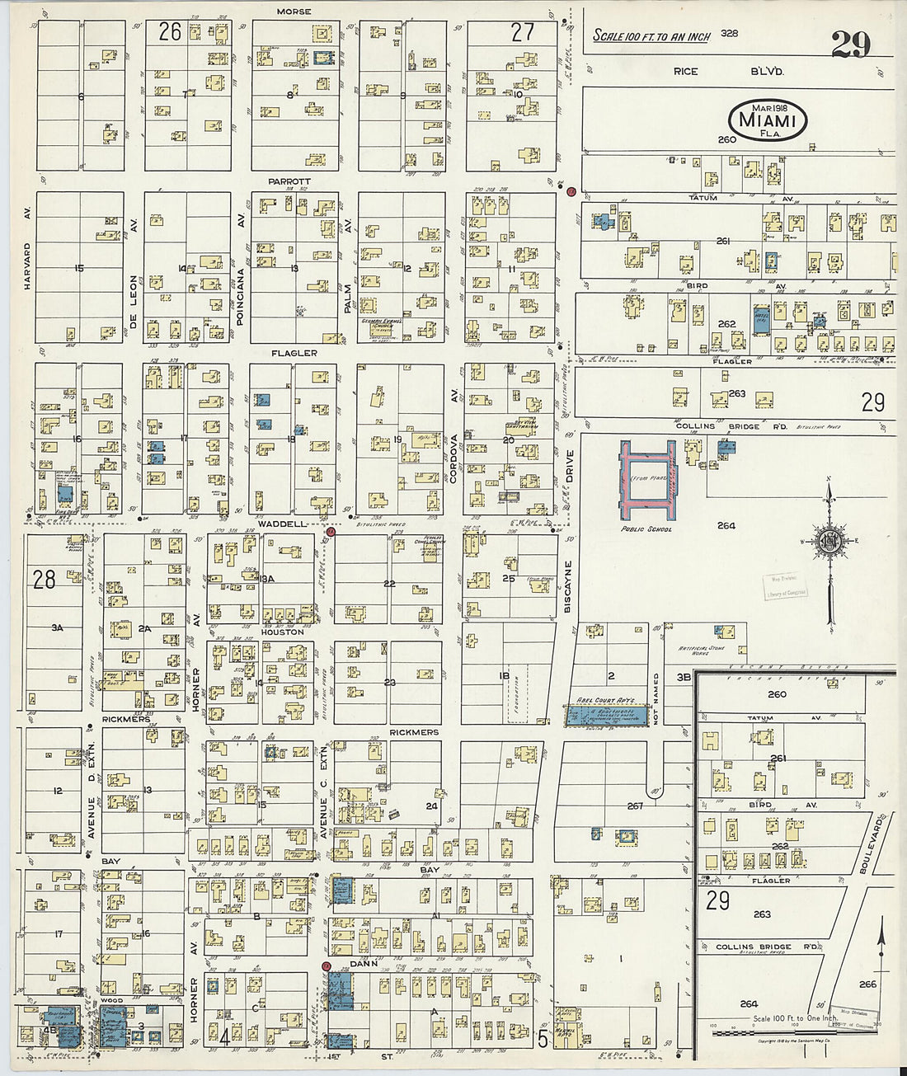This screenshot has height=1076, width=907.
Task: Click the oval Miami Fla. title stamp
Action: pyautogui.click(x=768, y=120)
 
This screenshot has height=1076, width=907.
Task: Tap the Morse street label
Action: pyautogui.click(x=294, y=11)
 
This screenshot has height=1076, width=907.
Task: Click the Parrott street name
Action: pyautogui.click(x=289, y=181)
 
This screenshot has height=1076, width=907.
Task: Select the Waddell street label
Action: pyautogui.click(x=281, y=524)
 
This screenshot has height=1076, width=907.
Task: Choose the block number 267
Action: pyautogui.click(x=634, y=806)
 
